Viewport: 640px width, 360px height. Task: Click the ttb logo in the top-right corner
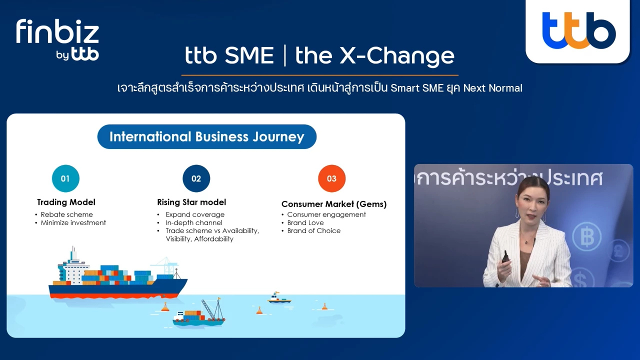coord(578,31)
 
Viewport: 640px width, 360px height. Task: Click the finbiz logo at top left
coord(57,39)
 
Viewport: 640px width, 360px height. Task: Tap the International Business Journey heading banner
coord(206,136)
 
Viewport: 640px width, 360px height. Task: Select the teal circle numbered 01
coord(65,178)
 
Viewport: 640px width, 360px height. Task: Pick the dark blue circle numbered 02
coord(196,178)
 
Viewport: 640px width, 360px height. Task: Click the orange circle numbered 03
coord(331,178)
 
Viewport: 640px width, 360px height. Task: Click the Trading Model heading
coord(66,202)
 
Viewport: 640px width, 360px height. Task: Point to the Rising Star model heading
coord(191,202)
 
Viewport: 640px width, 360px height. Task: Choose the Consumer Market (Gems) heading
coord(334,204)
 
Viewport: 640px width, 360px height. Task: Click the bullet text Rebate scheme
coord(66,214)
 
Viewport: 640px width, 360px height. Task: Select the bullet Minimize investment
coord(73,222)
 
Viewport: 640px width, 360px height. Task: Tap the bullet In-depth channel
coord(194,222)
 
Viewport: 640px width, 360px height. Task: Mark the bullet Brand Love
coord(305,222)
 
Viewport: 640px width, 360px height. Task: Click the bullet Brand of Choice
coord(313,230)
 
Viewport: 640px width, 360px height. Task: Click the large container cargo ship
coord(117,280)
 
